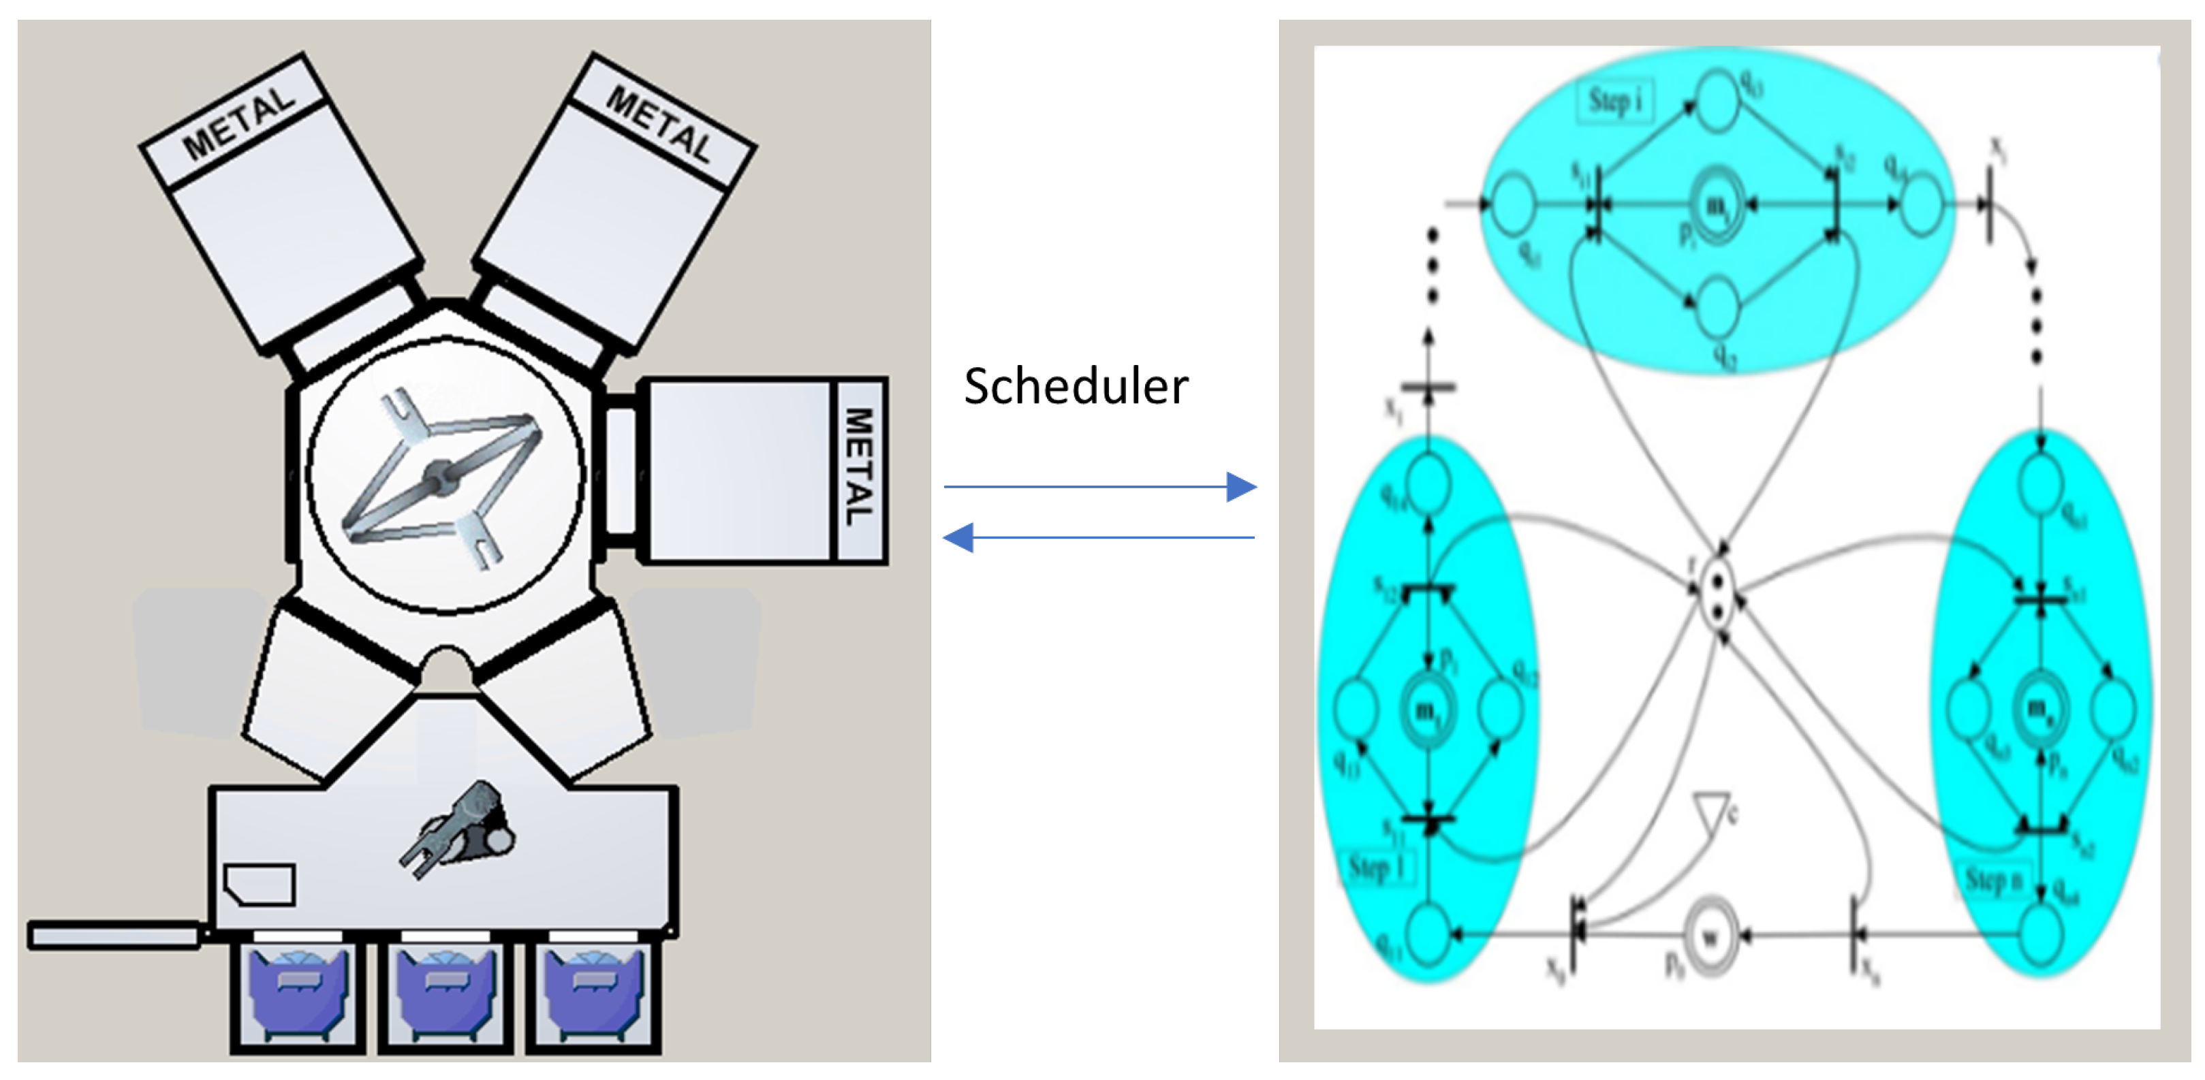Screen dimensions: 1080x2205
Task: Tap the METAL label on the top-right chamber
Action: (x=659, y=125)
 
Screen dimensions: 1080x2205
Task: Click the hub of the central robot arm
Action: (x=440, y=476)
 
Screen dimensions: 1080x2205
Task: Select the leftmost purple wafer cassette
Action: (x=297, y=993)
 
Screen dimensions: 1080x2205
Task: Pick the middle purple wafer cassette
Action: (x=446, y=993)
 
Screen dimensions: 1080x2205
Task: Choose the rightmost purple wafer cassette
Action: (x=593, y=993)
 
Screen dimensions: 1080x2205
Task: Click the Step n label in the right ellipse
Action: (x=1992, y=880)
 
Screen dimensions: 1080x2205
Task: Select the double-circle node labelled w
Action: (x=1709, y=936)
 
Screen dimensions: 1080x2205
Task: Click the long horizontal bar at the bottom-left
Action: (x=114, y=936)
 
